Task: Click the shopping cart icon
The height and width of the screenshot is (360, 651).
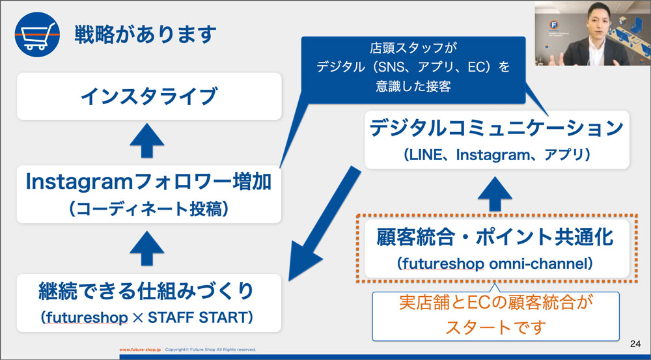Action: coord(37,35)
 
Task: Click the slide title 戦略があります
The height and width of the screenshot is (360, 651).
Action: coord(145,35)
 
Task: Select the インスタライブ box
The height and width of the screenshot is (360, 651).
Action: coord(149,96)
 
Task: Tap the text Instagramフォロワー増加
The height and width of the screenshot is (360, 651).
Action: coord(148,182)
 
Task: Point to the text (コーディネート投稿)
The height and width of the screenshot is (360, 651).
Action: coord(148,209)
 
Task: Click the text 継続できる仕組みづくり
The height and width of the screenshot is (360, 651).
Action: coord(146,290)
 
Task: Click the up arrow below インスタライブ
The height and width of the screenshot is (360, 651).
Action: coord(147,141)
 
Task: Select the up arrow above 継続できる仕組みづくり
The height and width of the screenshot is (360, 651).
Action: coord(147,248)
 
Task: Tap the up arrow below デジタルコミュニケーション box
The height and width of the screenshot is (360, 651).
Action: coord(495,194)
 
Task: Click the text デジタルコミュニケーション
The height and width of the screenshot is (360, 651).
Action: coord(497,128)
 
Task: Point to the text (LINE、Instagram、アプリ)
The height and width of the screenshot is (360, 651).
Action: coord(497,155)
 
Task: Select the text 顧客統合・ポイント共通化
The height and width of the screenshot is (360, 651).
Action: coord(495,237)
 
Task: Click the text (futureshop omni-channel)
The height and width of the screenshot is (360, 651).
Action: coord(495,264)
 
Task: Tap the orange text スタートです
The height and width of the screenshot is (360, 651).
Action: coord(495,327)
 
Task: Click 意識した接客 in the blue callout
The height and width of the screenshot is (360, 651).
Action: coord(413,86)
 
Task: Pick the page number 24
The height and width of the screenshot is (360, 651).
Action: coord(635,344)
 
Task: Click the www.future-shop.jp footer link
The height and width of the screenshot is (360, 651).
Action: coord(140,350)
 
